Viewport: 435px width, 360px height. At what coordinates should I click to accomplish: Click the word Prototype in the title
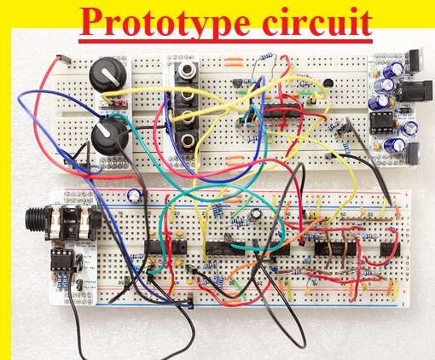point(165,23)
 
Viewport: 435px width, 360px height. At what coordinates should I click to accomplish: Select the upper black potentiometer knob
point(108,74)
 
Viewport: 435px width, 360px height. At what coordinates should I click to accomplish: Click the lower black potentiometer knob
point(110,136)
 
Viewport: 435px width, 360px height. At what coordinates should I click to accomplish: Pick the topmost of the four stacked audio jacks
point(187,71)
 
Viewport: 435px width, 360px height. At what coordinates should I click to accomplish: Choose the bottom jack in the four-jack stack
point(187,140)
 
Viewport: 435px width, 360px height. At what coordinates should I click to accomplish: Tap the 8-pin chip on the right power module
point(381,123)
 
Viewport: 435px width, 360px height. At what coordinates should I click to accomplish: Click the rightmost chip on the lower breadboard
point(390,248)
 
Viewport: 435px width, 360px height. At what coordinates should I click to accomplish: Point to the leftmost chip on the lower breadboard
point(165,247)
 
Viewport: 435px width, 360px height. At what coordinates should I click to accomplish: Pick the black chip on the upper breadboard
point(283,110)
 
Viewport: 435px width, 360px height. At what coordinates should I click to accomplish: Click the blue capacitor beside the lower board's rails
point(135,195)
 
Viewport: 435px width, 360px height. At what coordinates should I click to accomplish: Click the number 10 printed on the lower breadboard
point(120,213)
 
